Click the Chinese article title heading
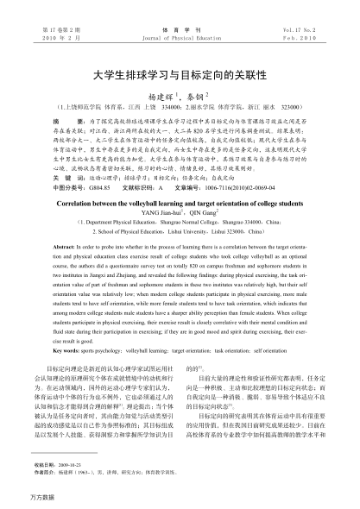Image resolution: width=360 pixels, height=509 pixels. tap(180, 74)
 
